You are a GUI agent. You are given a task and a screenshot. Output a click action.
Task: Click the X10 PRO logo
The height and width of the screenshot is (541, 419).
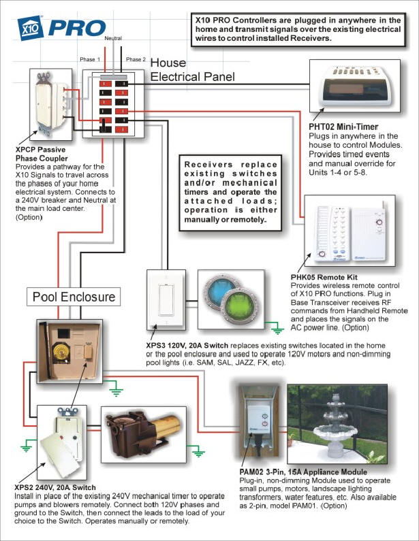pos(61,28)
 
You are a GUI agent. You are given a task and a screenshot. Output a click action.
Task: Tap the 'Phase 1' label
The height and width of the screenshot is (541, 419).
pos(90,59)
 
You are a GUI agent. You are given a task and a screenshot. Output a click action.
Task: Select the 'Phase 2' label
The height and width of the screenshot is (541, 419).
pos(136,59)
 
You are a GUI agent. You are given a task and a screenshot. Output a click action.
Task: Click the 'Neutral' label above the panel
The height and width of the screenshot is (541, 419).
pos(113,38)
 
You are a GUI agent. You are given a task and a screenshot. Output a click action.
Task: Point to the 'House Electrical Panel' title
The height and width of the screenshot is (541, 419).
pos(192,69)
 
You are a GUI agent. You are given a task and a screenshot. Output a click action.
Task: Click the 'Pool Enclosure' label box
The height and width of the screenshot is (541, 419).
pos(74,297)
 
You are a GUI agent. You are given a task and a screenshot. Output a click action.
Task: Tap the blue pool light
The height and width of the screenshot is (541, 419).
pos(220,291)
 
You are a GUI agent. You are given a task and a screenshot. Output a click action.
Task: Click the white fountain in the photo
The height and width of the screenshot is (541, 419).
pos(334,428)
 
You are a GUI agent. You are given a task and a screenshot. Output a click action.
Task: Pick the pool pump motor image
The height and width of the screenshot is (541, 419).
pos(143,434)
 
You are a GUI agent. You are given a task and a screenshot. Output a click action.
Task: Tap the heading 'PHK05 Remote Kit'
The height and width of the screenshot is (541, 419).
pos(324,277)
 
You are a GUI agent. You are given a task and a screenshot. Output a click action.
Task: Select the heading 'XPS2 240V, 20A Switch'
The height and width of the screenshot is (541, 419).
pos(55,487)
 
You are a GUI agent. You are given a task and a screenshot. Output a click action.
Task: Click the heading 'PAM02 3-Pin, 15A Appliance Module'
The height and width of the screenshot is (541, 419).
pos(303,472)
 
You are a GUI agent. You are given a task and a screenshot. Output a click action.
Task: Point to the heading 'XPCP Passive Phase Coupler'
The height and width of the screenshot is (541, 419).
pos(42,154)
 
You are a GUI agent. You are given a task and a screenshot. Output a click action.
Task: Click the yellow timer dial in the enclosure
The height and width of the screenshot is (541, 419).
pos(61,352)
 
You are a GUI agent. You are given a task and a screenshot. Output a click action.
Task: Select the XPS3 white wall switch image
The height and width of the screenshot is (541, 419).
pos(166,300)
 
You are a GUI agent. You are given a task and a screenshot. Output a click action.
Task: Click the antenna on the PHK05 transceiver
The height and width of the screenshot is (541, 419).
pos(382,210)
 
